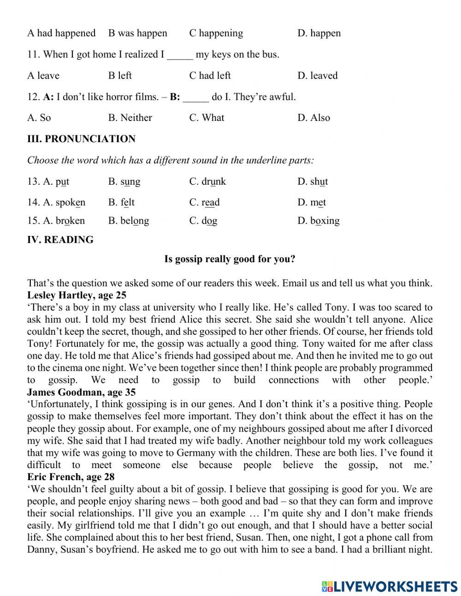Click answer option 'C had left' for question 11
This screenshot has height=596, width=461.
pyautogui.click(x=210, y=76)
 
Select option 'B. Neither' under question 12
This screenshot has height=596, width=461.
pyautogui.click(x=130, y=118)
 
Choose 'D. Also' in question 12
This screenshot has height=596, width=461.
pyautogui.click(x=313, y=118)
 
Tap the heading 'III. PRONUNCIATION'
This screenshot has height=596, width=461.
pyautogui.click(x=81, y=139)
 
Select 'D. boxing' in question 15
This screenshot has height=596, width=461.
pyautogui.click(x=319, y=221)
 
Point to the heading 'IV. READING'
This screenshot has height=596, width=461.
pyautogui.click(x=60, y=240)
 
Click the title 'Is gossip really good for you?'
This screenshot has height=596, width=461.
pyautogui.click(x=230, y=259)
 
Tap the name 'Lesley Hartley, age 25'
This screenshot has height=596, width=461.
pyautogui.click(x=77, y=295)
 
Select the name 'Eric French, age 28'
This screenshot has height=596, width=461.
pyautogui.click(x=71, y=477)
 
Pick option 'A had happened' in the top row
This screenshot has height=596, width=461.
pyautogui.click(x=61, y=33)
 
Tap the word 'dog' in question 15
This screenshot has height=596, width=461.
pyautogui.click(x=209, y=221)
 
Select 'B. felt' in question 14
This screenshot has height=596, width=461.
pyautogui.click(x=121, y=203)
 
